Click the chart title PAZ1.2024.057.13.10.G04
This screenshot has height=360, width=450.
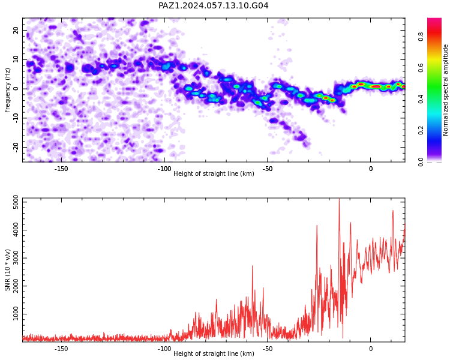[x=214, y=5]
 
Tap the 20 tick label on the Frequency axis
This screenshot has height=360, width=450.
[x=16, y=30]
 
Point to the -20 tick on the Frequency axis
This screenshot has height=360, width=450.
[x=16, y=147]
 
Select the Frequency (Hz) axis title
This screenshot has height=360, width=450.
[x=7, y=90]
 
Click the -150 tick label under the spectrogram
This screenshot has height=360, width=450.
[x=61, y=169]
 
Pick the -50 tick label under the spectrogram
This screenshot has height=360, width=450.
[x=267, y=169]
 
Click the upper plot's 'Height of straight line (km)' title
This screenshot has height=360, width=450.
[x=214, y=173]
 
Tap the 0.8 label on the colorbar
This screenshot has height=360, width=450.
[x=421, y=37]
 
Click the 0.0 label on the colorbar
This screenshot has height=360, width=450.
[x=421, y=162]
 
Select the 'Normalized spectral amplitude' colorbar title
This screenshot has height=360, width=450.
[x=445, y=90]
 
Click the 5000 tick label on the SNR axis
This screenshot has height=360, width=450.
[x=16, y=202]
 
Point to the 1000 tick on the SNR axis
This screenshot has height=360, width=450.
[x=16, y=314]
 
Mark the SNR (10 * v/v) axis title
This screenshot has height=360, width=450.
[x=7, y=270]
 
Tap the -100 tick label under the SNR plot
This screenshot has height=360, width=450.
[x=164, y=349]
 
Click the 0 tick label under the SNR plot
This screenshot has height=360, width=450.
[x=371, y=349]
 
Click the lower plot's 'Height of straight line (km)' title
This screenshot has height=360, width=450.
[x=214, y=353]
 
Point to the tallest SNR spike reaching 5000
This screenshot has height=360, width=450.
[x=339, y=199]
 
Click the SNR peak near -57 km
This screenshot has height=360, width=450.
[x=252, y=266]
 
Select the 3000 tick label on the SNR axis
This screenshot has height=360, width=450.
[x=16, y=258]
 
